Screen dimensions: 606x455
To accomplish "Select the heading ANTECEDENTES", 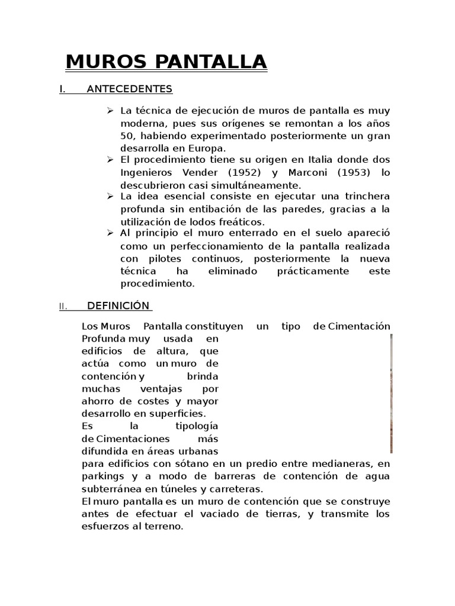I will [x=129, y=89].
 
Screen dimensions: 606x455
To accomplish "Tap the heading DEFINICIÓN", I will [x=118, y=306].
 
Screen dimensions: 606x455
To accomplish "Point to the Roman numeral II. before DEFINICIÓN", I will [x=63, y=307].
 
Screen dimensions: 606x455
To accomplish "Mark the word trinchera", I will [x=367, y=197].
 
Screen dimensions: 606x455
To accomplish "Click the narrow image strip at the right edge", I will [x=391, y=394].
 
